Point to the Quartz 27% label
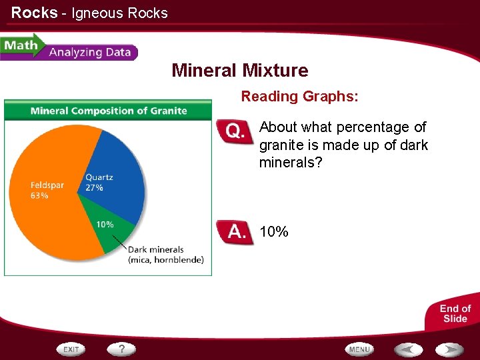(x=99, y=183)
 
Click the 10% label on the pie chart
(x=105, y=225)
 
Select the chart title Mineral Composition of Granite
(x=109, y=111)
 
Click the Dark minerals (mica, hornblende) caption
(x=165, y=255)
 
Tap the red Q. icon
(x=235, y=131)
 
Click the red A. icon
(x=235, y=233)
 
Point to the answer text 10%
(x=274, y=232)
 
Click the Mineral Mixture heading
(x=240, y=71)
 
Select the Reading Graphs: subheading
(x=299, y=97)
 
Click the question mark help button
(x=122, y=349)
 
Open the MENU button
(x=359, y=349)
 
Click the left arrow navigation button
(x=407, y=349)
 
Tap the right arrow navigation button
(x=449, y=349)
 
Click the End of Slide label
(x=455, y=313)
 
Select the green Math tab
(x=20, y=46)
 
